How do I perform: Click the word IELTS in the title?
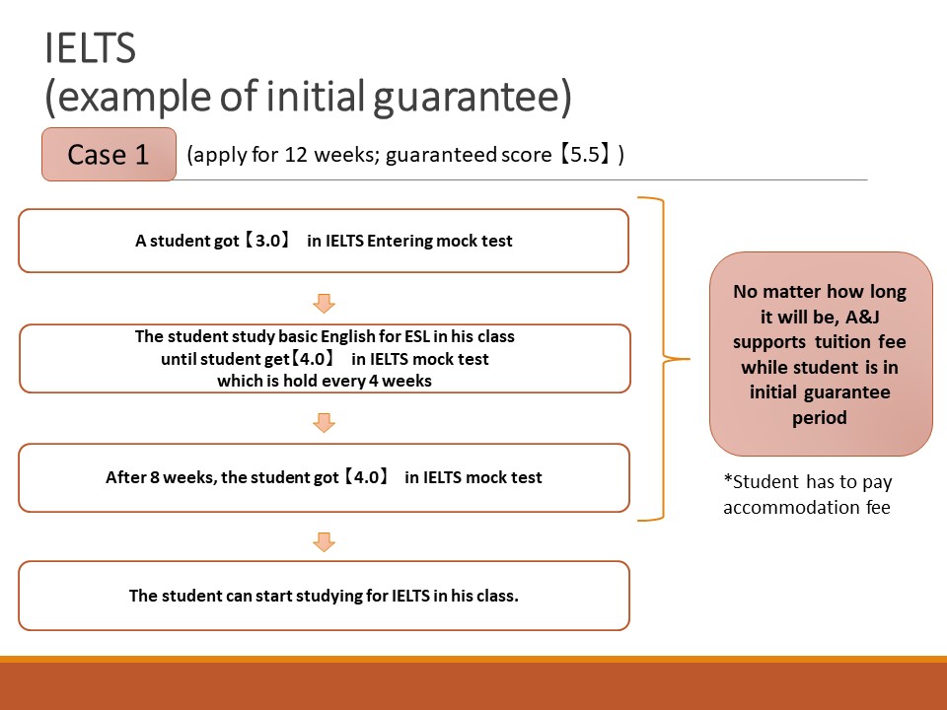91,48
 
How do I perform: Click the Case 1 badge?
109,155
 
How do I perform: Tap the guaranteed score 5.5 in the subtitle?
585,155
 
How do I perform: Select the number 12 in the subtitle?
296,155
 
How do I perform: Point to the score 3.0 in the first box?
267,241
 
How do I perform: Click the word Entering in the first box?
400,241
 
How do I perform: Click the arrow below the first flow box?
325,303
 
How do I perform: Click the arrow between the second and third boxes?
325,423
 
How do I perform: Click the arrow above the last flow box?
325,541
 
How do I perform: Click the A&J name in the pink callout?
862,317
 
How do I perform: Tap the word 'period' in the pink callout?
820,418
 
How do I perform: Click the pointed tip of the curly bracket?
689,359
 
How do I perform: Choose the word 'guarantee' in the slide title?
472,98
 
